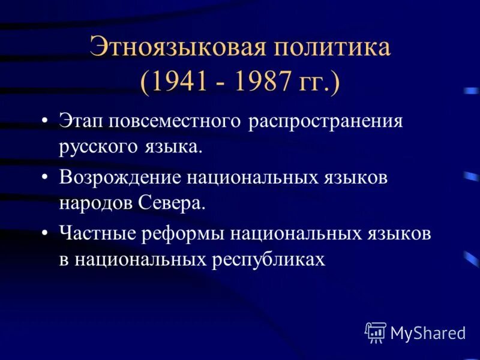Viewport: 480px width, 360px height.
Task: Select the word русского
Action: click(96, 147)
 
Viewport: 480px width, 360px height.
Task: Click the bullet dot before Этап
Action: click(45, 122)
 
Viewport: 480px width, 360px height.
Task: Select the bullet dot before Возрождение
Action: click(45, 178)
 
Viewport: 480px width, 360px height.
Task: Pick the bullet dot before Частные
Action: click(45, 233)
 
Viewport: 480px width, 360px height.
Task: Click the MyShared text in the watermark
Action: click(428, 332)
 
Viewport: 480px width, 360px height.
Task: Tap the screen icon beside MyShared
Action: click(376, 332)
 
